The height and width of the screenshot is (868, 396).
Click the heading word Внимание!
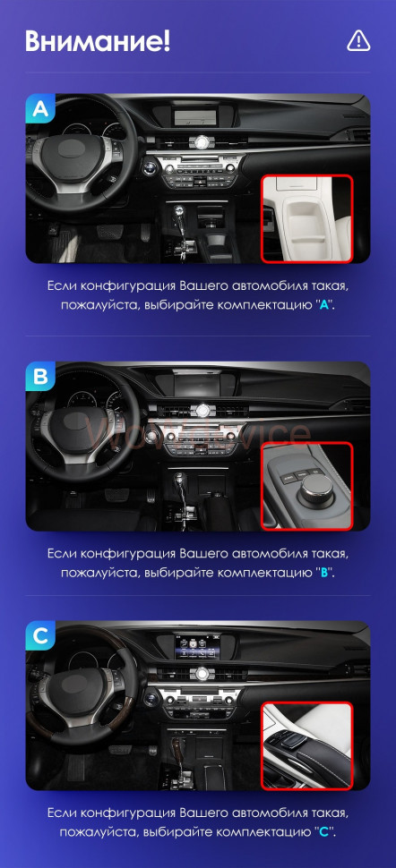97,40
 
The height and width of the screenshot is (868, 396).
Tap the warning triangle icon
357,40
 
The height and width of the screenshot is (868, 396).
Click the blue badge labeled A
40,109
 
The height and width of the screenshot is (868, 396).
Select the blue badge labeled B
40,377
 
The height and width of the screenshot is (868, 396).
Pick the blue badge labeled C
40,636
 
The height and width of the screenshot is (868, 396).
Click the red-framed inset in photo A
306,218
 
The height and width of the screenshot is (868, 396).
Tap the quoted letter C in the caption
323,831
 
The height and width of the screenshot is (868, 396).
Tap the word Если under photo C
61,813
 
